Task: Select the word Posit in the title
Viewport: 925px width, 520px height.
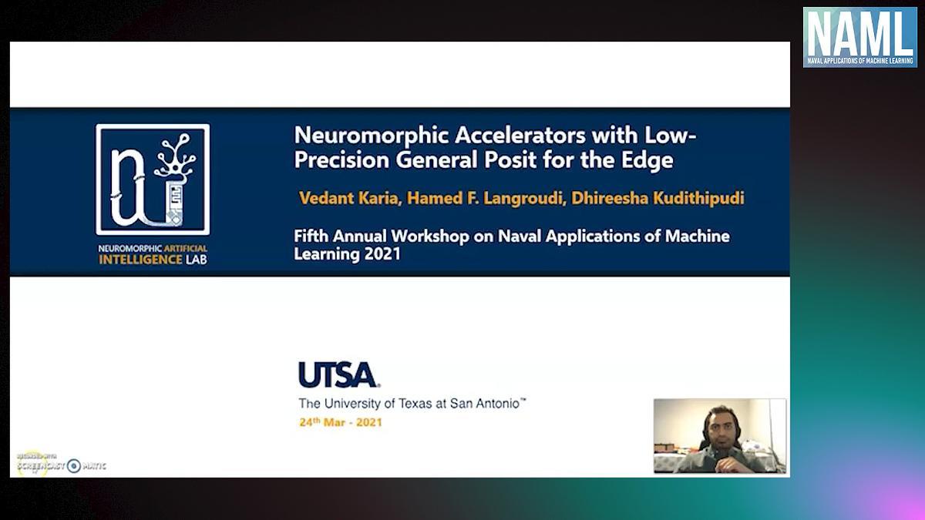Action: [510, 159]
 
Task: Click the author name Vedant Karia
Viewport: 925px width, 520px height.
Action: [348, 198]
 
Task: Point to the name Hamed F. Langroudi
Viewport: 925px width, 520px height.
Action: [484, 198]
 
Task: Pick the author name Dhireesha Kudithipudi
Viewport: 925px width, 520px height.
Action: [658, 198]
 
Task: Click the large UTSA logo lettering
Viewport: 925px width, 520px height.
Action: [338, 374]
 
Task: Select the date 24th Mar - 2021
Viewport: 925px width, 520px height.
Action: [341, 422]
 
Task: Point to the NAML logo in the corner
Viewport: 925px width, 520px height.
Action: [860, 37]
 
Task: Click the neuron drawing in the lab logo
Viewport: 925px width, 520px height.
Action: [175, 155]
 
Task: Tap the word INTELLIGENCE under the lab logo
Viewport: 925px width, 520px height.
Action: [140, 260]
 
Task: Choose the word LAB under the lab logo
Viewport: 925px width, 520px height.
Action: [197, 260]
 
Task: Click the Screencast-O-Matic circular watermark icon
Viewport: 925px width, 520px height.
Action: [74, 466]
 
